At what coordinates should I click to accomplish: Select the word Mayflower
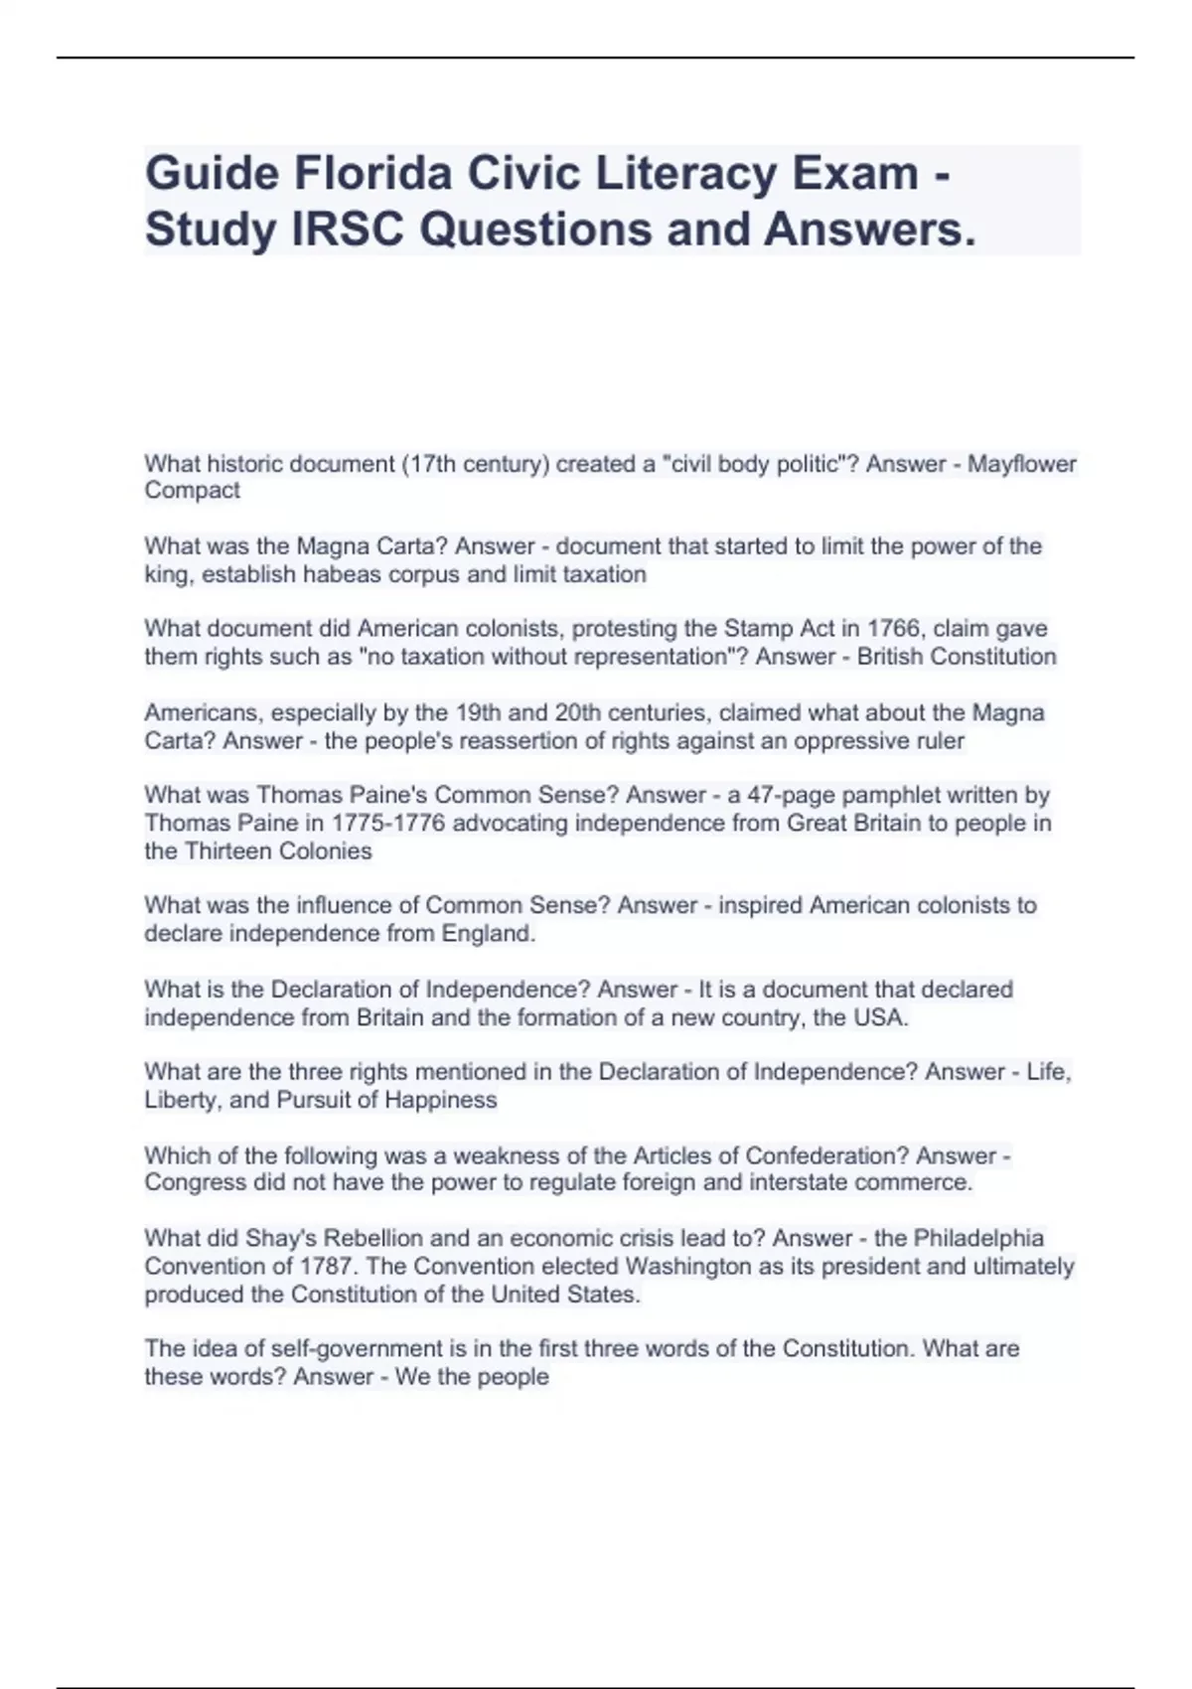point(1022,464)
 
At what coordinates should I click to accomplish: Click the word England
point(488,934)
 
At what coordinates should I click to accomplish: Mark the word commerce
point(921,1182)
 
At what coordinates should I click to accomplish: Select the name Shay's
point(280,1239)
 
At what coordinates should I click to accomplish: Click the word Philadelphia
point(978,1239)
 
